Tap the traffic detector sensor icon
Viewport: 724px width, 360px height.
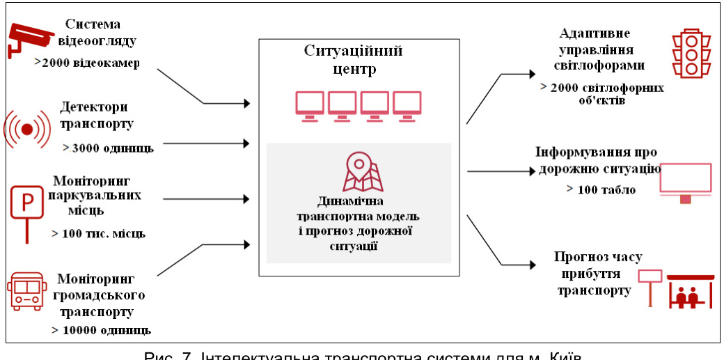coord(27,129)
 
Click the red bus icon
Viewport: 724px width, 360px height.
coord(27,291)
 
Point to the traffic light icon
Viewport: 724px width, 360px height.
coord(690,53)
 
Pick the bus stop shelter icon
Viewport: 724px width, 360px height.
coord(690,291)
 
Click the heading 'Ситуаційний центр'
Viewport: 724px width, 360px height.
coord(353,60)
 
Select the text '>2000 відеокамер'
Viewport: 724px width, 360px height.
coord(87,63)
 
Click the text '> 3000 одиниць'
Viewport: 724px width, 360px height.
coord(108,148)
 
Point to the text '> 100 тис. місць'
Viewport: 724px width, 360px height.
coord(98,233)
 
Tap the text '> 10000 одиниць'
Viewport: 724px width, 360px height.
coord(101,329)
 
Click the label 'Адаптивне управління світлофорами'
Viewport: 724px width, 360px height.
coord(599,49)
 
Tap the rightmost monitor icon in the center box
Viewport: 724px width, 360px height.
coord(407,106)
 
